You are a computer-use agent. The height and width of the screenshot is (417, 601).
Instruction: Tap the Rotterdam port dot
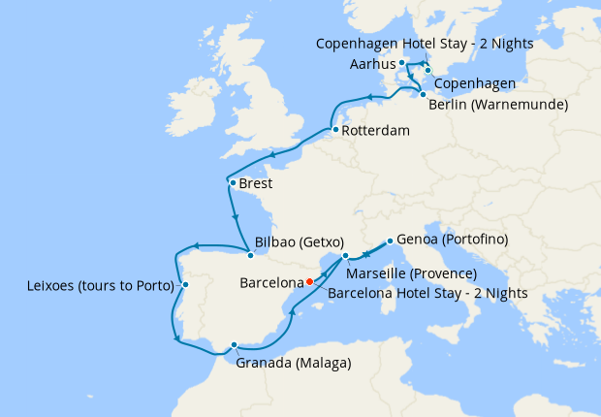334,130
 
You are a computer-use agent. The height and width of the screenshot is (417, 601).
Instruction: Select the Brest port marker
232,182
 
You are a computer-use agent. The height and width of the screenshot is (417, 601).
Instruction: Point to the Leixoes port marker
185,285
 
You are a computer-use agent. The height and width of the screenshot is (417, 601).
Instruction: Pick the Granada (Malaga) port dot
235,344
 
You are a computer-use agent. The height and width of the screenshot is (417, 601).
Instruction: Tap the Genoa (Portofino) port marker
389,241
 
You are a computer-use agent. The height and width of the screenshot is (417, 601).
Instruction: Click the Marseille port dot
345,256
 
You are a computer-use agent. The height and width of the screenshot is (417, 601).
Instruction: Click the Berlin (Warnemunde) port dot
423,94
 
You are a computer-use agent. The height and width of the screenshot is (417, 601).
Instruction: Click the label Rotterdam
375,131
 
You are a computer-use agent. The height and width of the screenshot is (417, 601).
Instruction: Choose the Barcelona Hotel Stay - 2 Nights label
427,292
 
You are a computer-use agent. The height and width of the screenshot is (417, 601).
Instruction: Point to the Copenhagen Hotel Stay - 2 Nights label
425,44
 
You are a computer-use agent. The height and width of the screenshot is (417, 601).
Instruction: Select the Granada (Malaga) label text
293,364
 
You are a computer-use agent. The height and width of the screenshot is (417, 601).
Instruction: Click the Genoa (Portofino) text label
447,240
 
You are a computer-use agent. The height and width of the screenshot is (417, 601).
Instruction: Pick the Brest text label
256,183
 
